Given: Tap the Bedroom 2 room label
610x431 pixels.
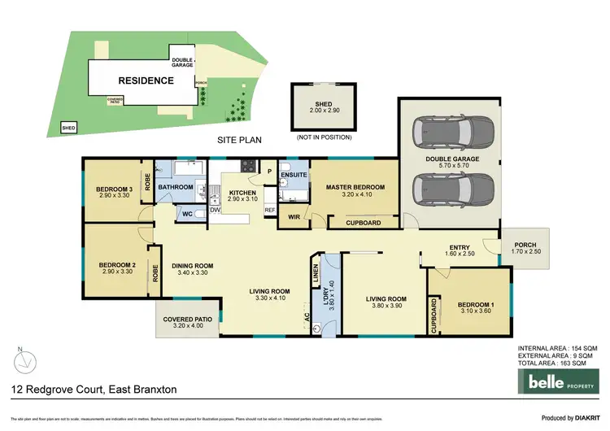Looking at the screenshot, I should pyautogui.click(x=116, y=264).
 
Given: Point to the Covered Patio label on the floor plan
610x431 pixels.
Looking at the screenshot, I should pyautogui.click(x=186, y=320).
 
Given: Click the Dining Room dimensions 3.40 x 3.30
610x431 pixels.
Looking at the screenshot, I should pyautogui.click(x=192, y=273).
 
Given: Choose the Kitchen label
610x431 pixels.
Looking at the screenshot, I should pyautogui.click(x=244, y=192).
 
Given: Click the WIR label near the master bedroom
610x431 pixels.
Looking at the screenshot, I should pyautogui.click(x=294, y=218).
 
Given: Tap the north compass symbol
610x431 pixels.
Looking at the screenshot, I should pyautogui.click(x=26, y=358).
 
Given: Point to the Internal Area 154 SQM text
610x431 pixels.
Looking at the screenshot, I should pyautogui.click(x=557, y=349).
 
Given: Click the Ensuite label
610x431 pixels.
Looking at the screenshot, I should pyautogui.click(x=293, y=175).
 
